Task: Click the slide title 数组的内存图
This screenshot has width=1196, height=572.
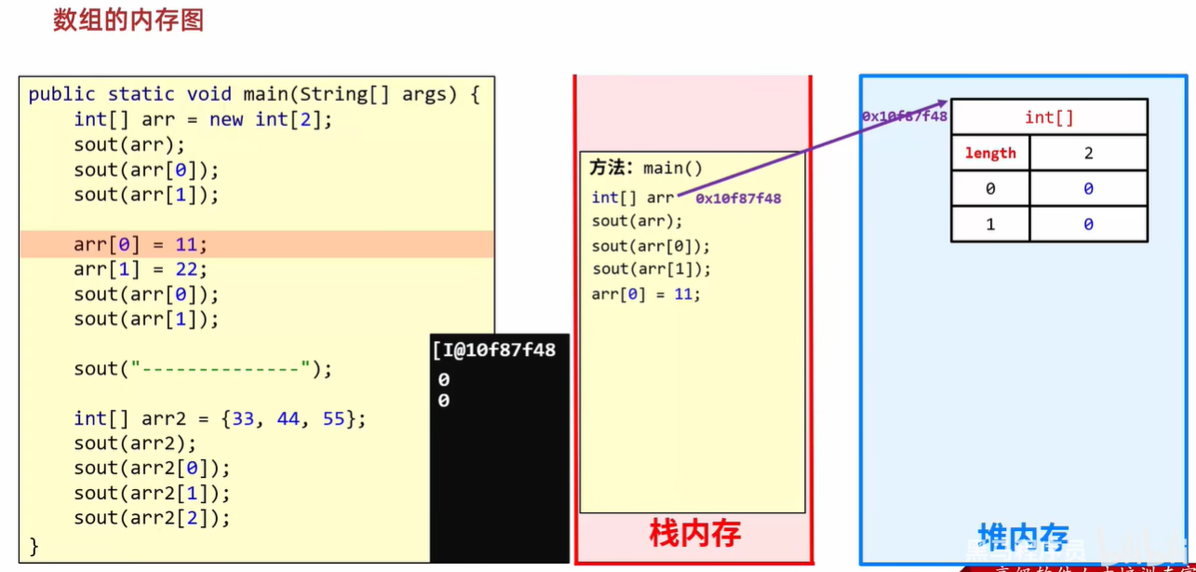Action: (128, 20)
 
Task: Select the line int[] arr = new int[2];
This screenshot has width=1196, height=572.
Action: (203, 119)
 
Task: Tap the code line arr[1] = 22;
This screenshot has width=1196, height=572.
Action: (141, 269)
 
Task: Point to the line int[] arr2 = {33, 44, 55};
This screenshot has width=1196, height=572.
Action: (220, 418)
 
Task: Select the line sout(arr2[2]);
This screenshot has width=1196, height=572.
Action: (152, 518)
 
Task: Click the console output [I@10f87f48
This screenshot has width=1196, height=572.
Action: (494, 349)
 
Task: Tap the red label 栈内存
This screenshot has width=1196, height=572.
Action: (694, 534)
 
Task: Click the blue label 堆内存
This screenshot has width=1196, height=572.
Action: (1023, 538)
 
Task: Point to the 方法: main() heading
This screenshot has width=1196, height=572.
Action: (646, 168)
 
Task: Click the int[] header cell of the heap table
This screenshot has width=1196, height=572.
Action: (1049, 117)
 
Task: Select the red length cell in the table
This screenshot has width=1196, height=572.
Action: (990, 154)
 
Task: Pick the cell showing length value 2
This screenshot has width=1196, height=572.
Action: (1088, 154)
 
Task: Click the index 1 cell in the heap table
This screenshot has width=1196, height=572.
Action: (990, 225)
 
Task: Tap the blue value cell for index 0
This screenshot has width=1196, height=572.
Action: (1088, 189)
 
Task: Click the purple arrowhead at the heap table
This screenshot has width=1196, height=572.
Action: (943, 102)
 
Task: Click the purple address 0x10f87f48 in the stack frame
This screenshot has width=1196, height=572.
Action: (738, 198)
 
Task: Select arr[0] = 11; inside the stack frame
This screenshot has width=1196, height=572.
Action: (646, 294)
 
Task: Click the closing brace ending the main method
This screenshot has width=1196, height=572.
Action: (34, 544)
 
